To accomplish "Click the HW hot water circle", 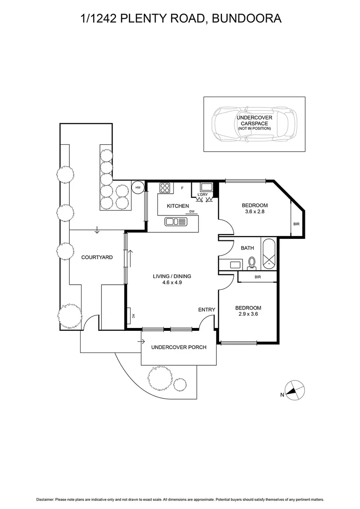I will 138,188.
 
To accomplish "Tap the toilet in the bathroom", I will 252,262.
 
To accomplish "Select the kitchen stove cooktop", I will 165,189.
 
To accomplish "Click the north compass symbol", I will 295,390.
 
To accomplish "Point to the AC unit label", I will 133,316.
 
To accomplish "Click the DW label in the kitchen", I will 192,212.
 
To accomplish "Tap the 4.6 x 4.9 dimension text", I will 172,283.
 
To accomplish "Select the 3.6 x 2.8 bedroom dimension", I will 254,212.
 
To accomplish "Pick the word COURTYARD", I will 97,257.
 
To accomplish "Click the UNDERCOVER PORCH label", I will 179,347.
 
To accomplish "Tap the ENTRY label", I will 206,310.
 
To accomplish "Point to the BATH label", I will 247,248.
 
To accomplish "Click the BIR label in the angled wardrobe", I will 296,224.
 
